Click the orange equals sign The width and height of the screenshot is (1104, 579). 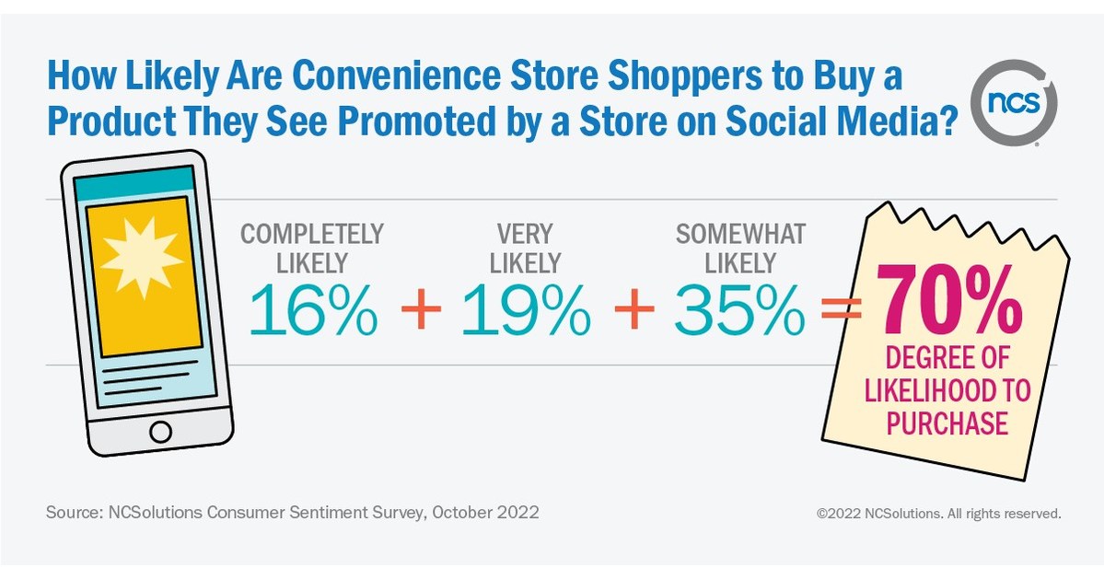pyautogui.click(x=840, y=311)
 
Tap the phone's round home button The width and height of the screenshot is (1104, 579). pyautogui.click(x=160, y=432)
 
